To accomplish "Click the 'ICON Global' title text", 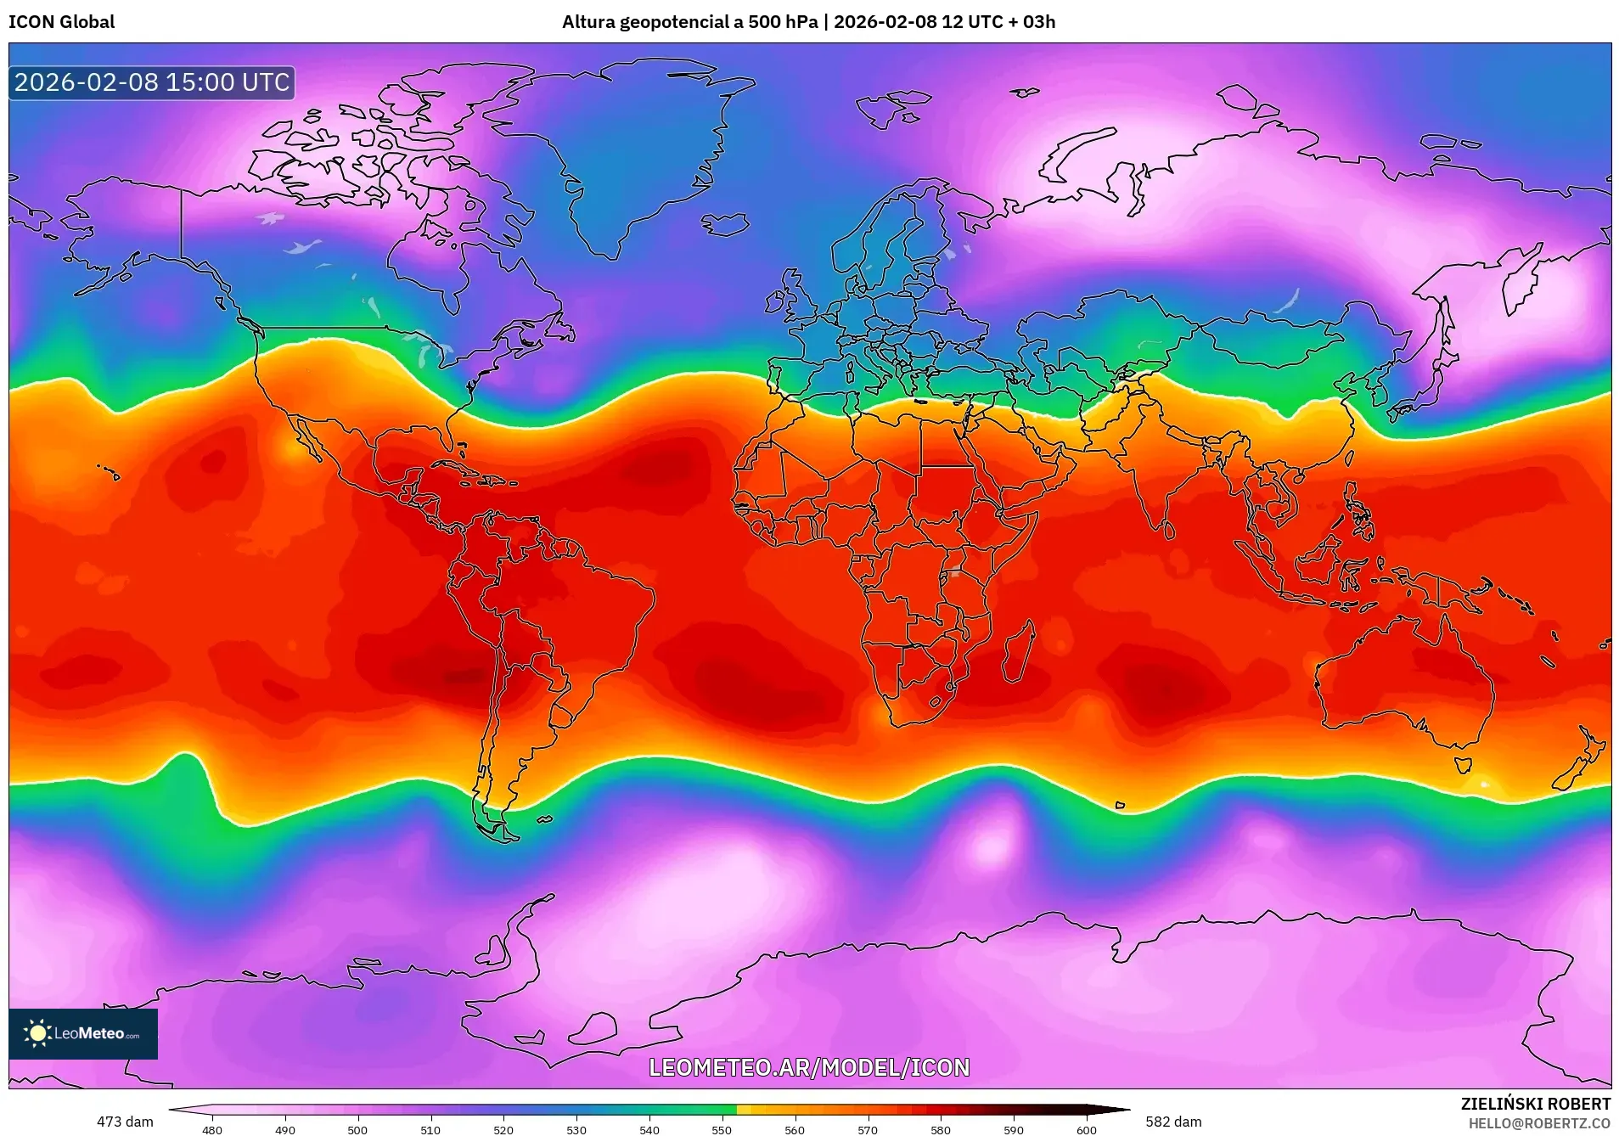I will (x=61, y=22).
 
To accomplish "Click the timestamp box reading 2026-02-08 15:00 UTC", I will (x=152, y=82).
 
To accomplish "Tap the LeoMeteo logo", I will (x=83, y=1033).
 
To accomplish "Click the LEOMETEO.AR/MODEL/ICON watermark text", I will (x=808, y=1067).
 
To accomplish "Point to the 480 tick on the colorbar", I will (x=212, y=1129).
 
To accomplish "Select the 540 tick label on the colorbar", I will (x=649, y=1129).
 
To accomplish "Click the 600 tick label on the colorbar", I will (x=1086, y=1129).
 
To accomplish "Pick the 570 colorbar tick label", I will (x=868, y=1129).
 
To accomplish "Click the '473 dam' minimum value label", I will (x=125, y=1122).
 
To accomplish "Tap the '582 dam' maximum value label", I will (x=1173, y=1122).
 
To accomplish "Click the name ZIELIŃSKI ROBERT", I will (x=1535, y=1104).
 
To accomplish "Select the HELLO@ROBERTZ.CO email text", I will (x=1539, y=1123).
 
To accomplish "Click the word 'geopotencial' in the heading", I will (x=672, y=22).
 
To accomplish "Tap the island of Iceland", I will (x=726, y=224).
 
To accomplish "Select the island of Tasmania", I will (x=1463, y=764).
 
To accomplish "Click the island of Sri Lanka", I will (x=1169, y=530).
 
